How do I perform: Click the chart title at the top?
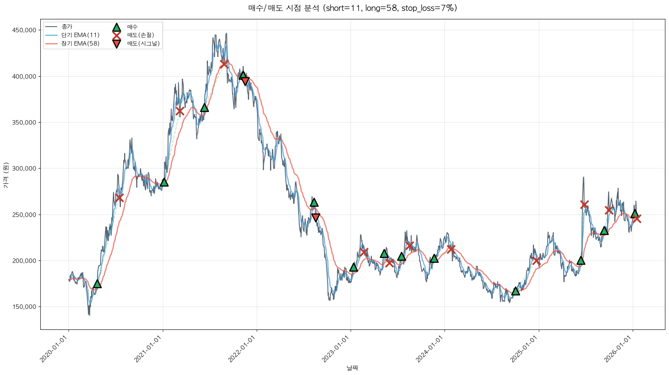pyautogui.click(x=352, y=8)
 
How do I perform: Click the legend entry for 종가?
pyautogui.click(x=67, y=27)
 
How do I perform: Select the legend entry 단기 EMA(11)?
pyautogui.click(x=80, y=35)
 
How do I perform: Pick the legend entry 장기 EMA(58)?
pyautogui.click(x=80, y=44)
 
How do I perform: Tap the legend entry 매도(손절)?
pyautogui.click(x=140, y=35)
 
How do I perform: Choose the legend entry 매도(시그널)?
pyautogui.click(x=143, y=44)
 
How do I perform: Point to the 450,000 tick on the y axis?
pyautogui.click(x=25, y=30)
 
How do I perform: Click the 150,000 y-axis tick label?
pyautogui.click(x=25, y=307)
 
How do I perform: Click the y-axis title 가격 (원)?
pyautogui.click(x=6, y=175)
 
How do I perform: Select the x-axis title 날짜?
pyautogui.click(x=352, y=368)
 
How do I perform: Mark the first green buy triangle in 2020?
pyautogui.click(x=97, y=284)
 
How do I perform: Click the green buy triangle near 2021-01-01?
pyautogui.click(x=164, y=182)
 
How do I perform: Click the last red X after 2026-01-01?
pyautogui.click(x=637, y=219)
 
